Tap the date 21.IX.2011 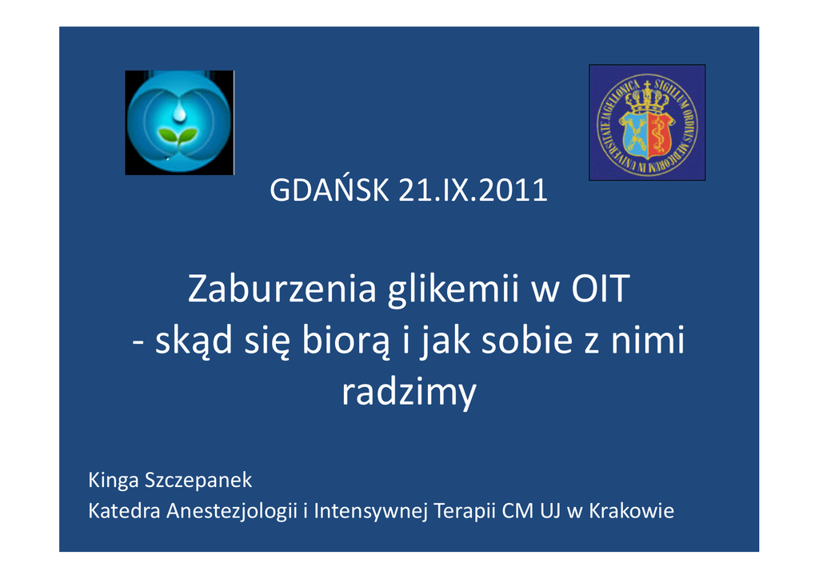(473, 190)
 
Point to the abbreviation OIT (601, 289)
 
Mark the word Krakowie (632, 510)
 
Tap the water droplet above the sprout (180, 112)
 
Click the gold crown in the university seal (647, 100)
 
